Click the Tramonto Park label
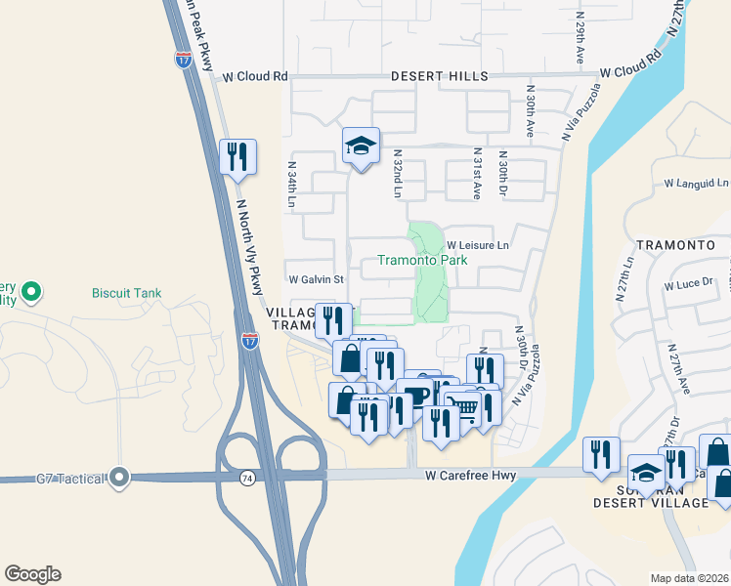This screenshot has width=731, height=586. coord(423,261)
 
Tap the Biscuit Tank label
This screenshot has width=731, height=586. coord(126,292)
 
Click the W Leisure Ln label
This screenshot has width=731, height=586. coord(478,245)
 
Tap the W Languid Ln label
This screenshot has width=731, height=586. coord(696,183)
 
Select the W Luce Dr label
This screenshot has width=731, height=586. coord(690,285)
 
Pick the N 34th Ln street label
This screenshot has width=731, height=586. coord(291,185)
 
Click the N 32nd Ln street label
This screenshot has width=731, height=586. coord(398,174)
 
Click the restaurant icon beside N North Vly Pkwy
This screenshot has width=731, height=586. coord(237,157)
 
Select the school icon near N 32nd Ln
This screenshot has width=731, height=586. coord(361,146)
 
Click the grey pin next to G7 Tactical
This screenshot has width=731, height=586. coord(119,478)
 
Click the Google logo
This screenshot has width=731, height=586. coord(32,574)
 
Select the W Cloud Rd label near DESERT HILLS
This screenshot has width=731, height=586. coord(255,76)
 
